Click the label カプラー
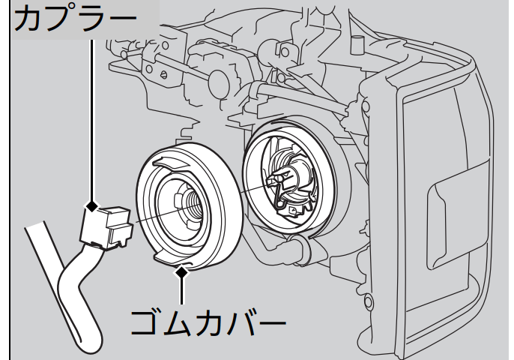[75, 19]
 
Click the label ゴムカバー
[208, 323]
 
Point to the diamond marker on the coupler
[92, 206]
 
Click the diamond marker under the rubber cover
[181, 272]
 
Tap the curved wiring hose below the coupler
[79, 295]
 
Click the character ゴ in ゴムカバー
[144, 323]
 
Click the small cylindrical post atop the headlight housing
[357, 45]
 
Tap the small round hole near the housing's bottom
[369, 302]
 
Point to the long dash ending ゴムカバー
[270, 324]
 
